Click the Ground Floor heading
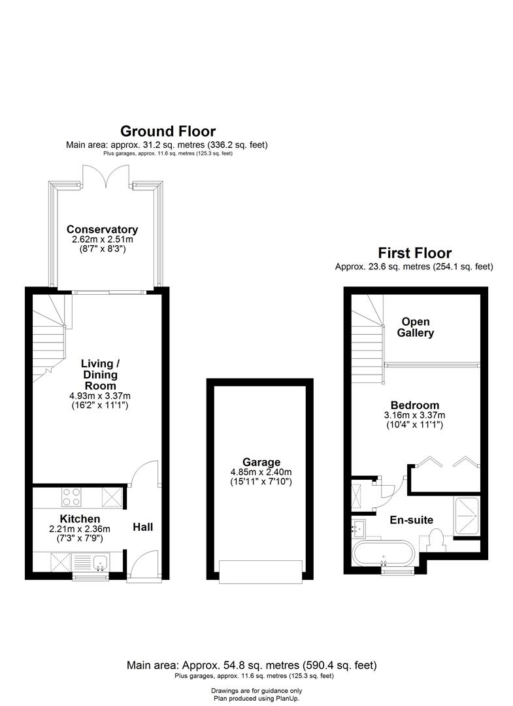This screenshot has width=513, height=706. tap(167, 131)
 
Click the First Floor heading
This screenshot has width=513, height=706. tap(414, 253)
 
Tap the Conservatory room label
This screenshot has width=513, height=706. tap(102, 229)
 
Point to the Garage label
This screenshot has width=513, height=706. tap(259, 462)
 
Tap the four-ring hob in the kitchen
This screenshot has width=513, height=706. tap(70, 497)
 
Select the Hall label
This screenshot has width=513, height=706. tap(143, 526)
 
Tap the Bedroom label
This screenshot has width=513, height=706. tap(414, 405)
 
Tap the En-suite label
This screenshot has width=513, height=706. tap(412, 520)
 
